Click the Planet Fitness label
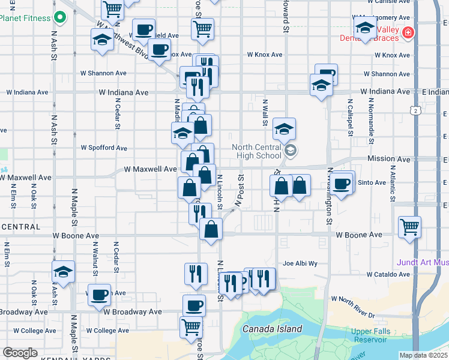[x=26, y=18]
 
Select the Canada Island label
[x=272, y=329]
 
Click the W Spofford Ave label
[x=104, y=148]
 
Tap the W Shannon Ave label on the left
[x=104, y=73]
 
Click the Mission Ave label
[x=388, y=160]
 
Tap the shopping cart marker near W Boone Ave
[x=410, y=227]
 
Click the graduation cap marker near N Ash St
[x=63, y=271]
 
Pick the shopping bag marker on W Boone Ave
[x=211, y=229]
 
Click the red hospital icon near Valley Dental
[x=408, y=32]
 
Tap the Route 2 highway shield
[x=415, y=110]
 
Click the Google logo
[x=20, y=353]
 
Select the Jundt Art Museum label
[x=423, y=262]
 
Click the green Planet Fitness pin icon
[x=59, y=17]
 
